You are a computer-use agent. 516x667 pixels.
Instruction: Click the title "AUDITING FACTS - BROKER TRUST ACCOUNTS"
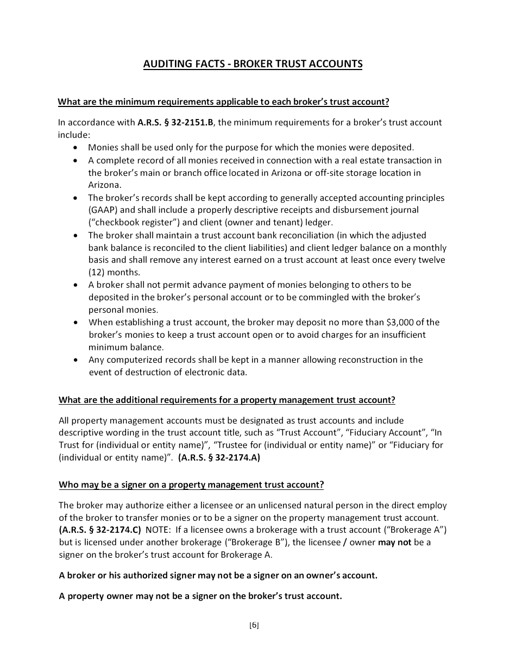(x=253, y=64)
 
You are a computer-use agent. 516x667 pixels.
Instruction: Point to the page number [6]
(x=254, y=625)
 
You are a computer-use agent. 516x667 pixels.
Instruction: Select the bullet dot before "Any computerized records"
(x=75, y=360)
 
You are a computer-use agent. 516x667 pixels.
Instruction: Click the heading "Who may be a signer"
(x=191, y=484)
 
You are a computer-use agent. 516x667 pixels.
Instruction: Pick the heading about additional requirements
(x=226, y=400)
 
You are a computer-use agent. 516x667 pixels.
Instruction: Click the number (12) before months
(x=96, y=273)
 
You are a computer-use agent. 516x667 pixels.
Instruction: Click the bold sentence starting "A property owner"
(x=200, y=596)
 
